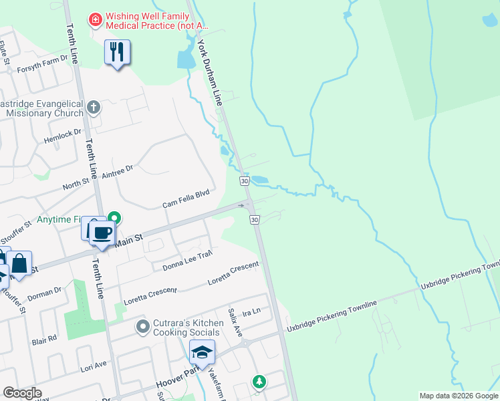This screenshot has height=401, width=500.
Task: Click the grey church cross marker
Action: coord(94,106)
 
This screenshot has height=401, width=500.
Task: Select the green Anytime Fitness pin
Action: coord(115,218)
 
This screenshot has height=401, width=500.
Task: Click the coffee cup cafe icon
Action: coord(102,234)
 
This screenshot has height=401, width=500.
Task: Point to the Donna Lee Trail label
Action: coord(187,262)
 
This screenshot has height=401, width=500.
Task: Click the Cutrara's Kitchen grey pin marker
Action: coord(142,327)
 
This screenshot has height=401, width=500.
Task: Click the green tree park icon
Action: coord(259,382)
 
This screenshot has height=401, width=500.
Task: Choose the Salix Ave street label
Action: coord(232,315)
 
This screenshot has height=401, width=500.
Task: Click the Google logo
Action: coord(22,393)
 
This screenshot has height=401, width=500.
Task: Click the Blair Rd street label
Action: coord(44,340)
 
